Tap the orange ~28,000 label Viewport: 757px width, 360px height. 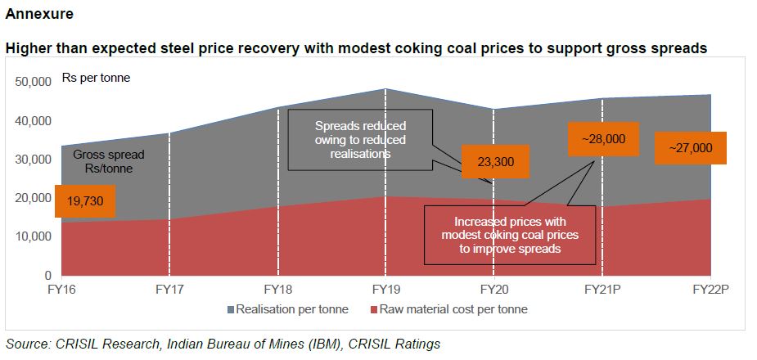tap(603, 139)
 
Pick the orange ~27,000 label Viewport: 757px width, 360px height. tap(690, 148)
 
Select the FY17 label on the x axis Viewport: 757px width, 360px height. tap(169, 289)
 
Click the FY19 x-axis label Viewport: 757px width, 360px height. tap(385, 289)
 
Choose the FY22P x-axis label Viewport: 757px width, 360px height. tap(710, 289)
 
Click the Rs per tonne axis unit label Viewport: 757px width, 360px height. tap(95, 79)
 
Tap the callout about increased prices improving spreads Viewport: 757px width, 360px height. tap(509, 235)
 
